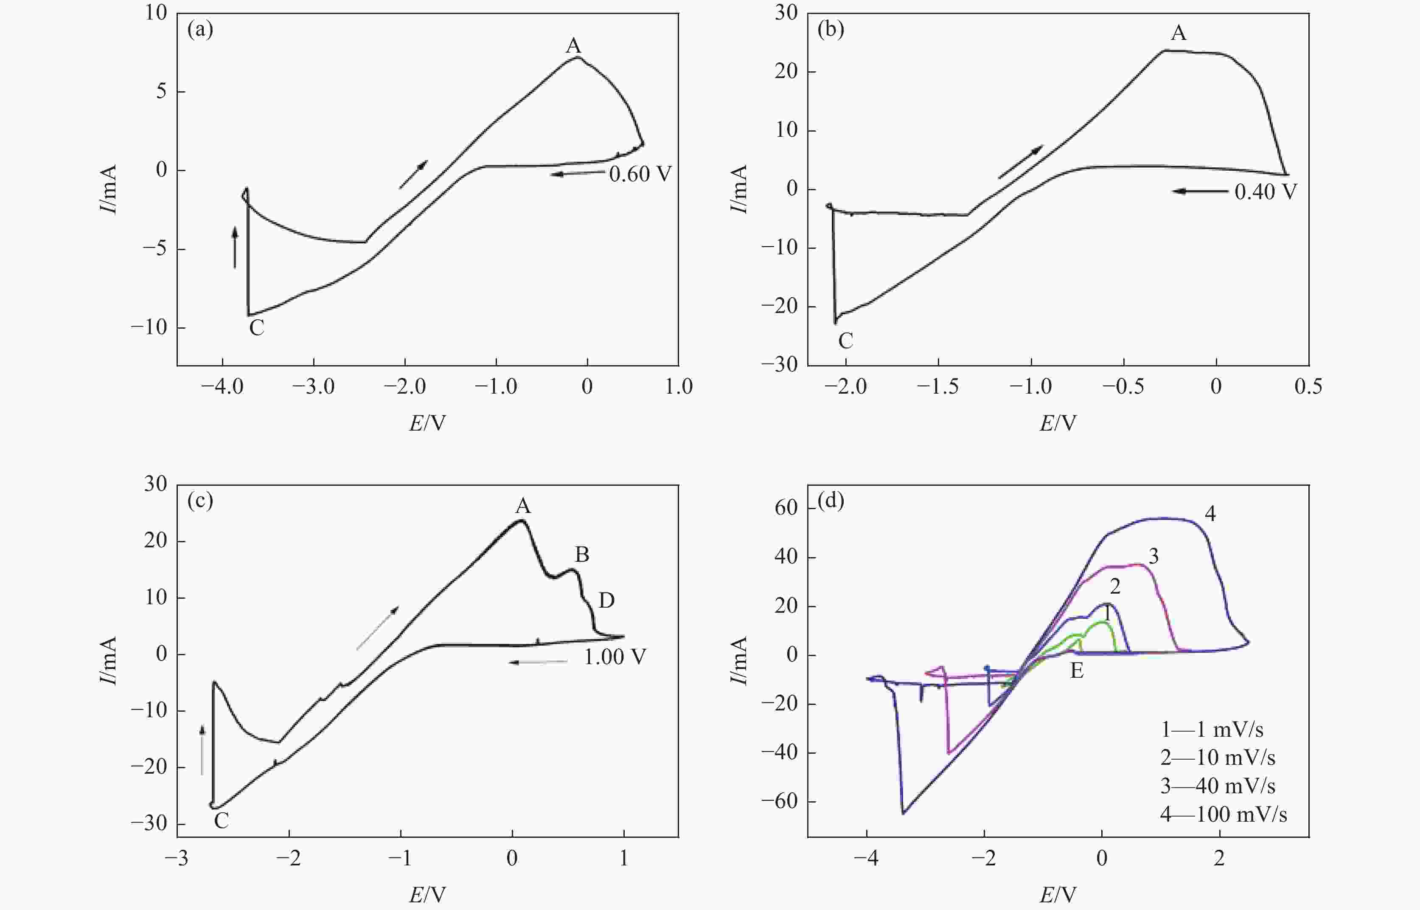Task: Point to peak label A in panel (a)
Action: tap(573, 45)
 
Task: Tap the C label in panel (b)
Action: tap(845, 341)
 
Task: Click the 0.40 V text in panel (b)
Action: tap(1265, 192)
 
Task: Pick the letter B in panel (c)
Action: tap(582, 554)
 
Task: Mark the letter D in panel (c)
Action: tap(606, 600)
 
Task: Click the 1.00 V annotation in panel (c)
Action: tap(615, 656)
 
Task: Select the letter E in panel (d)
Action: tap(1077, 671)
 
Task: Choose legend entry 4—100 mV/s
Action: tap(1224, 814)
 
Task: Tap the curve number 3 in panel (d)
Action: tap(1153, 556)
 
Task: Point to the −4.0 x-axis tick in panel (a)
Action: tap(222, 387)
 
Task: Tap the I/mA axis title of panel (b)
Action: tap(738, 189)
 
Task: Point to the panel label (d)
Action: tap(831, 501)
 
